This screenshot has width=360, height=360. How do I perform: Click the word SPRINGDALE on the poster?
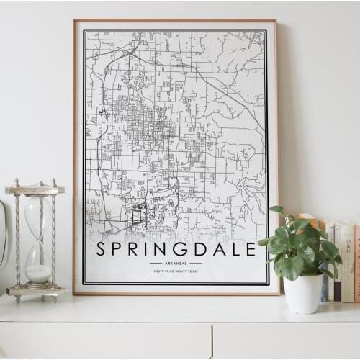pyautogui.click(x=176, y=249)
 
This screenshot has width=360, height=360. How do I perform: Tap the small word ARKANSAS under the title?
pyautogui.click(x=176, y=264)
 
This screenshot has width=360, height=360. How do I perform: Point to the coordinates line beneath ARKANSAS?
pyautogui.click(x=176, y=271)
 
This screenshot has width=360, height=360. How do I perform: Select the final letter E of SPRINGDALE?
pyautogui.click(x=251, y=249)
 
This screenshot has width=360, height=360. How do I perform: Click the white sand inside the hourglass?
pyautogui.click(x=39, y=273)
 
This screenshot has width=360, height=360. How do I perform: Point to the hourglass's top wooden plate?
pyautogui.click(x=35, y=190)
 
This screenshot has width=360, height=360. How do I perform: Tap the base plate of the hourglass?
pyautogui.click(x=35, y=291)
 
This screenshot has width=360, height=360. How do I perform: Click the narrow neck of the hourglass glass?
pyautogui.click(x=38, y=238)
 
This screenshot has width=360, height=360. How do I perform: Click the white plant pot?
pyautogui.click(x=304, y=294)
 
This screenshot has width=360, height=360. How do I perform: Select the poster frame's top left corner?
pyautogui.click(x=74, y=21)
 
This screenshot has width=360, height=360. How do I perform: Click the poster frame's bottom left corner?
pyautogui.click(x=74, y=293)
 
